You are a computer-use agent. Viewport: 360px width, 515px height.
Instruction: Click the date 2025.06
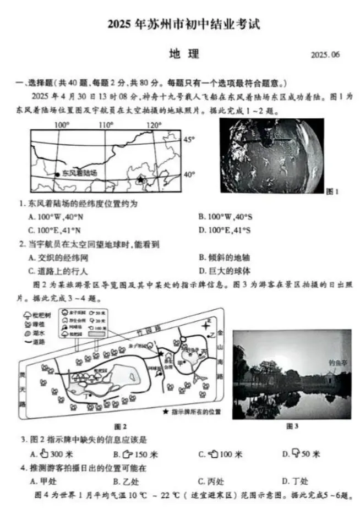(x=326, y=56)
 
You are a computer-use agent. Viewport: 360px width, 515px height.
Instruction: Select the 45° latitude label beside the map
(x=189, y=140)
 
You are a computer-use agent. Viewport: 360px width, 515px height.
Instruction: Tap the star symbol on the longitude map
(x=140, y=179)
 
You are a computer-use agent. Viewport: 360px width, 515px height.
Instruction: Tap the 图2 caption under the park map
(x=120, y=426)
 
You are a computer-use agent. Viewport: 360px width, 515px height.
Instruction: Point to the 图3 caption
(x=292, y=426)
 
